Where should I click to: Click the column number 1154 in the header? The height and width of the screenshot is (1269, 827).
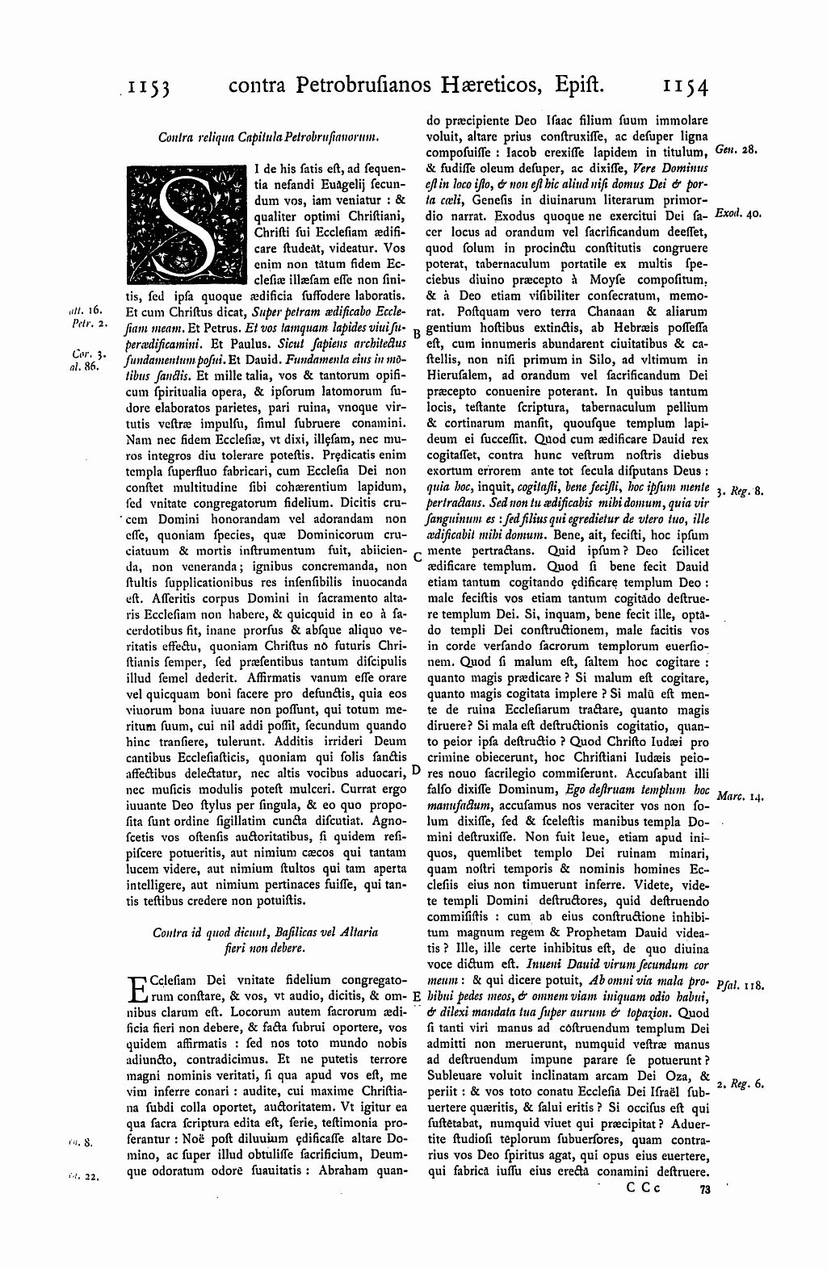(x=684, y=86)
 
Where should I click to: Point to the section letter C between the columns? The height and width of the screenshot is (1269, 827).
(x=417, y=556)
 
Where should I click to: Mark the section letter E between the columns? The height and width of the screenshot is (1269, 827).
(x=416, y=998)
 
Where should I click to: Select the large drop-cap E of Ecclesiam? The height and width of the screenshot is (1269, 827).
(x=138, y=990)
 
